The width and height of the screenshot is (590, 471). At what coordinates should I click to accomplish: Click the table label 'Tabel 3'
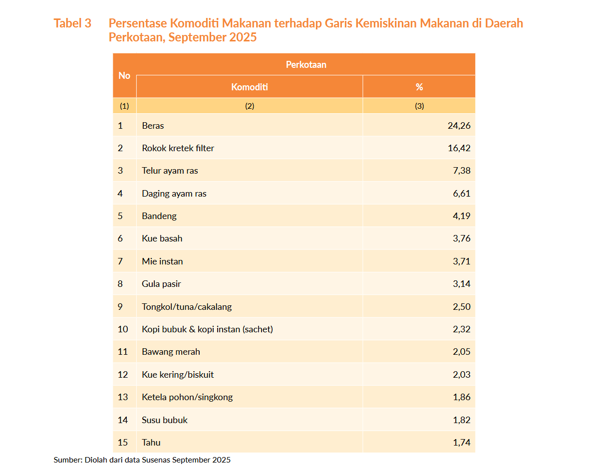pyautogui.click(x=72, y=23)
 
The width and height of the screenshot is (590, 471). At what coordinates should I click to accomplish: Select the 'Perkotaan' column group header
pyautogui.click(x=305, y=64)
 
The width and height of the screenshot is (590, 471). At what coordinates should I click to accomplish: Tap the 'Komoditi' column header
pyautogui.click(x=250, y=87)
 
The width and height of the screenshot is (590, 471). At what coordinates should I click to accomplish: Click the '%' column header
pyautogui.click(x=419, y=87)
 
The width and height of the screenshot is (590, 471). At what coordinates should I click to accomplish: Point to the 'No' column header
pyautogui.click(x=124, y=75)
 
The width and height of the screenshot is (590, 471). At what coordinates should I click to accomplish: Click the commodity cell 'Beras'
pyautogui.click(x=153, y=126)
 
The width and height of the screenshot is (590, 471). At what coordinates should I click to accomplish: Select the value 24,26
pyautogui.click(x=459, y=126)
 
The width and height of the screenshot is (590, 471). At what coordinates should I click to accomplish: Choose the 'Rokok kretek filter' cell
pyautogui.click(x=178, y=148)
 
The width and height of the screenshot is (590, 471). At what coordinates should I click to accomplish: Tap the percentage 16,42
pyautogui.click(x=459, y=148)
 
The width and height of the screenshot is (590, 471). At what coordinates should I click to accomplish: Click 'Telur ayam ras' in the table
pyautogui.click(x=170, y=171)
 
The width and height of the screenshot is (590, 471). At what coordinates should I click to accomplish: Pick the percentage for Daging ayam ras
pyautogui.click(x=461, y=194)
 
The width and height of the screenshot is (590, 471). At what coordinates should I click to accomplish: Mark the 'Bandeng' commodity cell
pyautogui.click(x=159, y=216)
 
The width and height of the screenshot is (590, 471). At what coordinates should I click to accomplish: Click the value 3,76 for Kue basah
pyautogui.click(x=461, y=238)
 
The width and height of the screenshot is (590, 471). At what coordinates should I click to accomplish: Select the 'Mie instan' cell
pyautogui.click(x=162, y=261)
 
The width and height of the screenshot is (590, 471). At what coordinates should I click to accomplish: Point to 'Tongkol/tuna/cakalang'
pyautogui.click(x=187, y=307)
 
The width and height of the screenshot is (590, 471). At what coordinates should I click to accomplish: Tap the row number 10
pyautogui.click(x=123, y=329)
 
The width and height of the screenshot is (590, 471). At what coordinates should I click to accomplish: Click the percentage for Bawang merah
pyautogui.click(x=461, y=352)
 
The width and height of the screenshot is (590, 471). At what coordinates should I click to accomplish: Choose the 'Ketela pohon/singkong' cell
pyautogui.click(x=187, y=397)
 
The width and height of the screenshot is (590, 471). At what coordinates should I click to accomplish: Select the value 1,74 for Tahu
pyautogui.click(x=461, y=443)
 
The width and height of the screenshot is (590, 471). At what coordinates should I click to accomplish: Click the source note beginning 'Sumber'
pyautogui.click(x=142, y=460)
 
